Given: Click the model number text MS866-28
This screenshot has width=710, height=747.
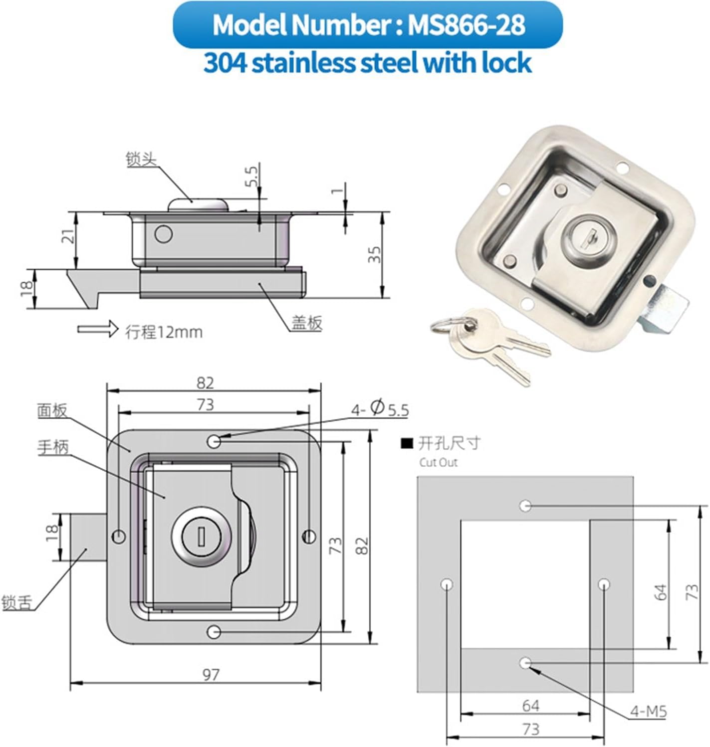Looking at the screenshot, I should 466,25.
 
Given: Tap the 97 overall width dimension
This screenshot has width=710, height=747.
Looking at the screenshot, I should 211,674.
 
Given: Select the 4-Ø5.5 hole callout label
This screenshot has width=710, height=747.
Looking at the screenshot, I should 380,409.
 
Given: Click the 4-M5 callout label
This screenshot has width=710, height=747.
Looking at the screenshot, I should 648,711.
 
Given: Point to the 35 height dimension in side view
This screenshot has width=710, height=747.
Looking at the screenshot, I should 376,254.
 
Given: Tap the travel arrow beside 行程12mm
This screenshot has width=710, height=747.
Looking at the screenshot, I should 98,329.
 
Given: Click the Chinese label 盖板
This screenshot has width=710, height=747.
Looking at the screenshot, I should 307,323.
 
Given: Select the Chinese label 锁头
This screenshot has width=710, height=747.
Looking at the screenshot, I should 141,160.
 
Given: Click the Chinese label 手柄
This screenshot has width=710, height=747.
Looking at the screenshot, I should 53,447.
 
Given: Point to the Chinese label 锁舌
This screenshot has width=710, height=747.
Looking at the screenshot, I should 16,602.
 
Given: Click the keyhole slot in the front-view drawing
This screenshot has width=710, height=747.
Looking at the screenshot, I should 201,537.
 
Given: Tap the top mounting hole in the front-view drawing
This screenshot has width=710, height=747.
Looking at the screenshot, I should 214,441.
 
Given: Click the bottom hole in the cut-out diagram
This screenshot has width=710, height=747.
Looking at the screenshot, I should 525,663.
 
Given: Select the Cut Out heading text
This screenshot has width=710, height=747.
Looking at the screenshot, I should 438,462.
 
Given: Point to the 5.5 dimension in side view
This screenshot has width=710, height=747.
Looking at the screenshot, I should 251,177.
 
